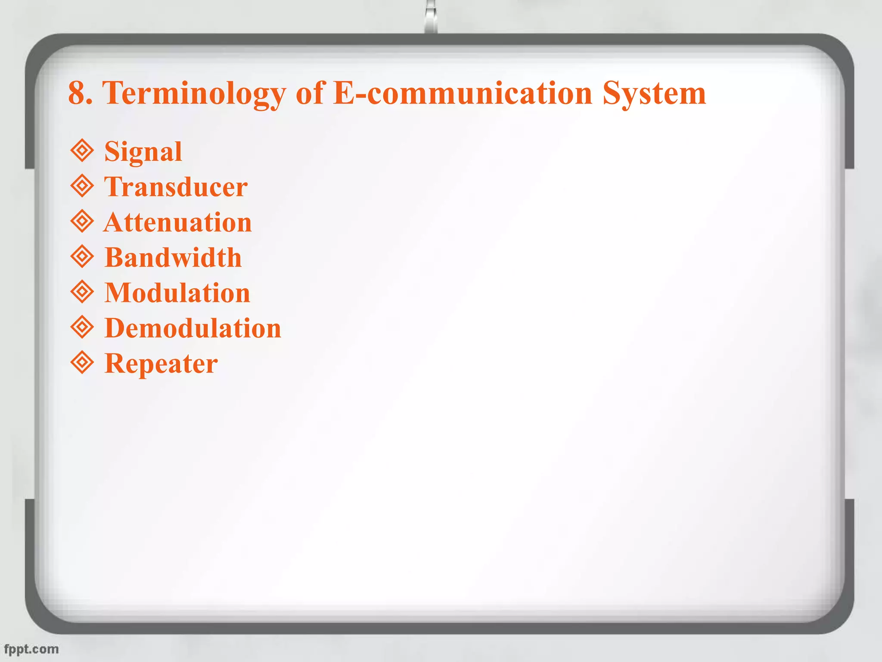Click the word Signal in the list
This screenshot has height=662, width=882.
[143, 152]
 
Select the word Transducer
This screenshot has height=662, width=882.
[176, 187]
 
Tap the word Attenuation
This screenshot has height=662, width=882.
[177, 222]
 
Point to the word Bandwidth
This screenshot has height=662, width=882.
[173, 258]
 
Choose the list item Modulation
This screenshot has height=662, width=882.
[177, 293]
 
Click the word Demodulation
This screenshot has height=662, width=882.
[193, 328]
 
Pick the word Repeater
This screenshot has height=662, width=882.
[161, 364]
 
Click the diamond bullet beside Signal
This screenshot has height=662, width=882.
[82, 151]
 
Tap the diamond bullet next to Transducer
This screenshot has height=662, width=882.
[82, 186]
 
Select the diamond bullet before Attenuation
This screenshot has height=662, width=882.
[82, 222]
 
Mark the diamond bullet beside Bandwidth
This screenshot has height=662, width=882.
[82, 257]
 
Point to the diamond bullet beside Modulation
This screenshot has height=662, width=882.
[82, 292]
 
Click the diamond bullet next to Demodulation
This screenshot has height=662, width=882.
[82, 328]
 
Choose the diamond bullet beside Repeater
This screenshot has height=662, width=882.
[82, 363]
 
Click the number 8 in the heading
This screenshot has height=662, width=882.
[76, 93]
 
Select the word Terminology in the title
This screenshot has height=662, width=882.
[194, 93]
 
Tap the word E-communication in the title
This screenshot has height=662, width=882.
[463, 93]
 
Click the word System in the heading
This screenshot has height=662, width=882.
[654, 93]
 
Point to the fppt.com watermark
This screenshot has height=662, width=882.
[31, 649]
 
